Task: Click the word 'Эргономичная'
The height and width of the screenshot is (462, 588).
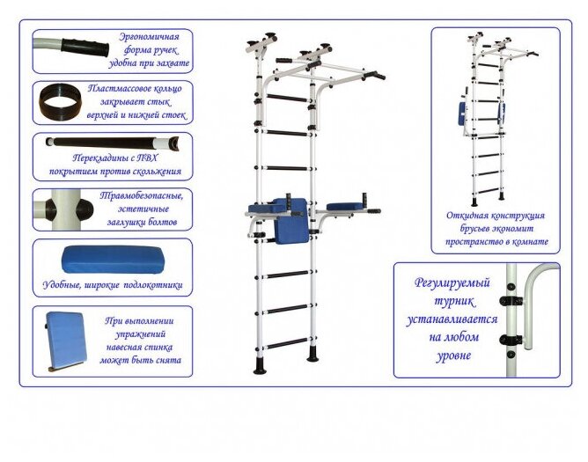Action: click(x=150, y=37)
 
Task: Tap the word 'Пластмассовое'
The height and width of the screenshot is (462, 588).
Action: click(x=135, y=89)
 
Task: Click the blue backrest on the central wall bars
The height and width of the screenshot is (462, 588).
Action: click(x=290, y=219)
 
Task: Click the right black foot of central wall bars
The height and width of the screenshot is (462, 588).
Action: click(x=312, y=357)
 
